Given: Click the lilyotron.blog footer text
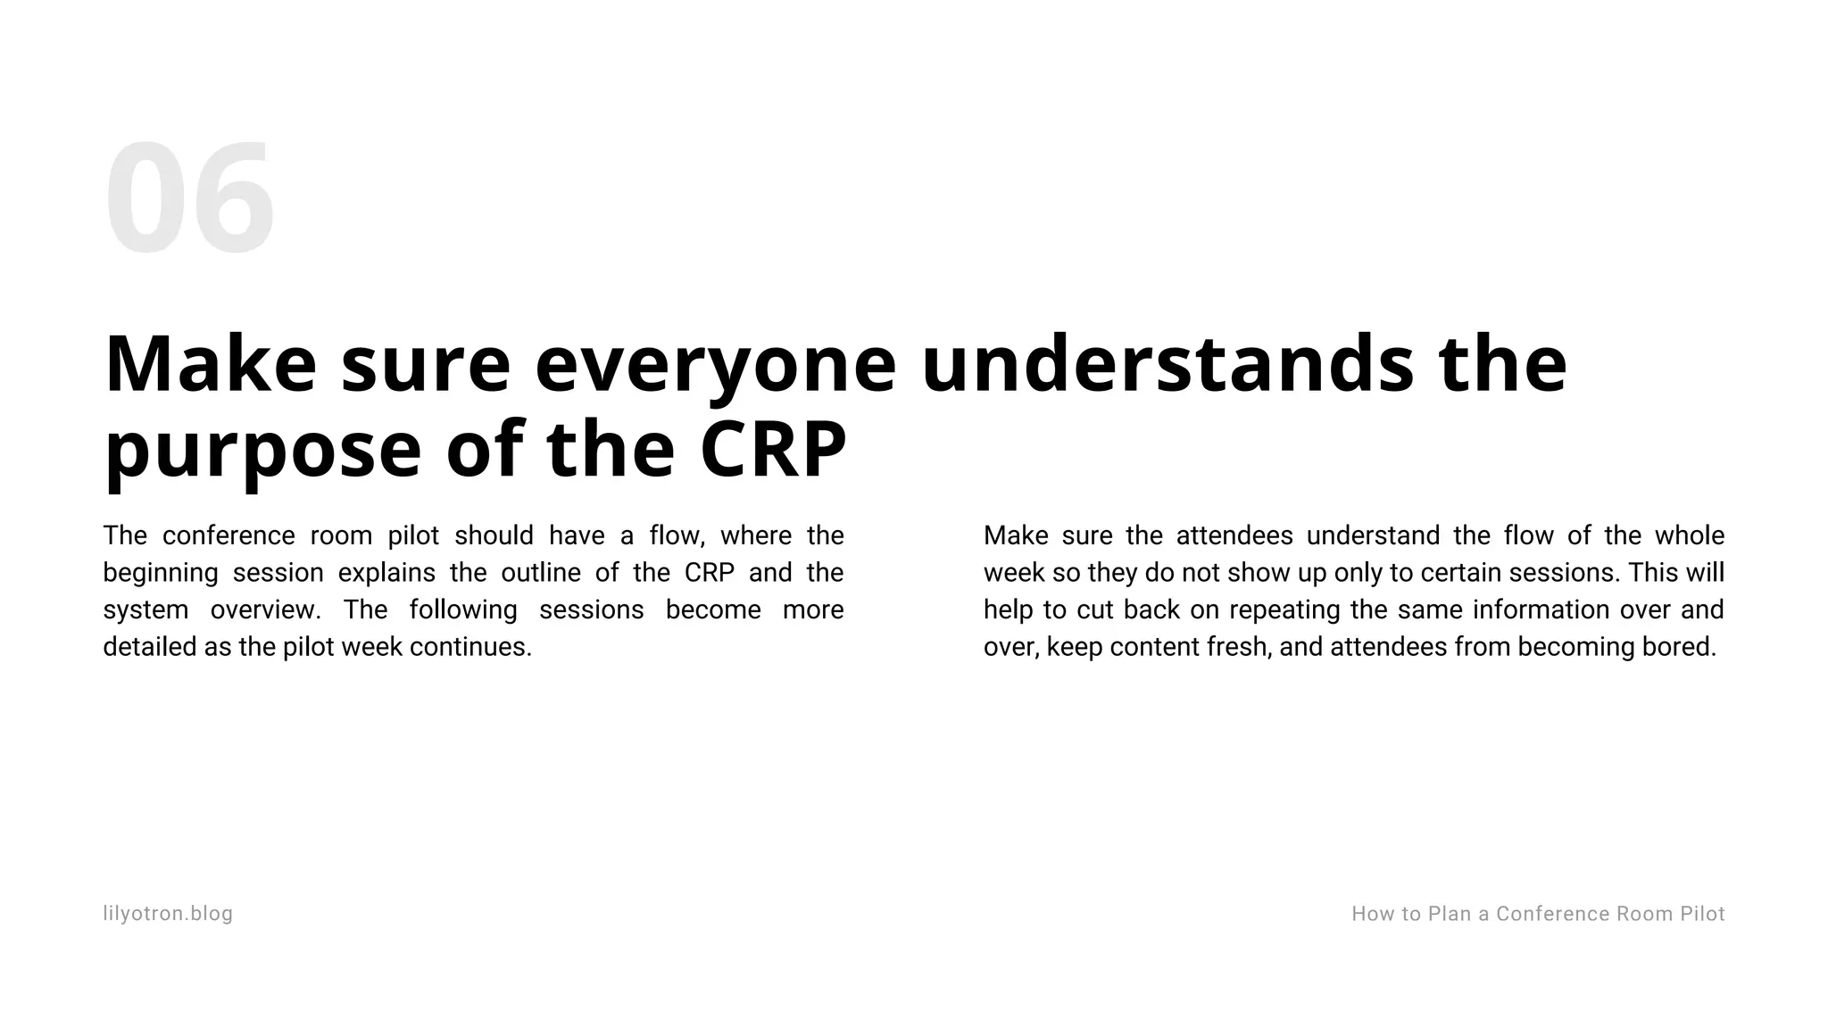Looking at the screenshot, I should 168,914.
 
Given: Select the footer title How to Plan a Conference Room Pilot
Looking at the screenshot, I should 1538,914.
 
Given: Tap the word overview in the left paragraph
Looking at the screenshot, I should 265,610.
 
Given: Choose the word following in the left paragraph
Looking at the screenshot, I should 463,610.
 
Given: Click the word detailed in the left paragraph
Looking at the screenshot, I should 150,647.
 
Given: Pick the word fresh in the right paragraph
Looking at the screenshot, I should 1238,647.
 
